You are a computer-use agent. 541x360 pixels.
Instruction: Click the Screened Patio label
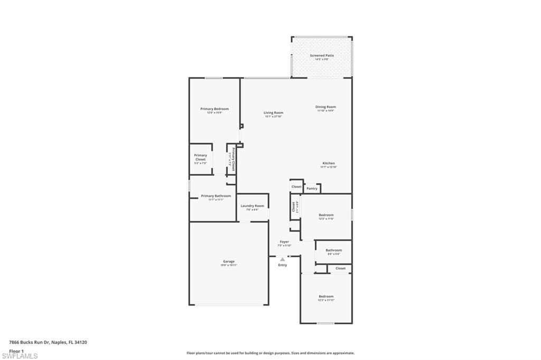[x=322, y=55]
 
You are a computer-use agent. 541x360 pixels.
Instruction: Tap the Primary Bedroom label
[x=214, y=109]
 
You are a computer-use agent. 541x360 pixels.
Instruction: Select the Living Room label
[x=274, y=112]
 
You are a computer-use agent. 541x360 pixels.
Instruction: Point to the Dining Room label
[x=326, y=107]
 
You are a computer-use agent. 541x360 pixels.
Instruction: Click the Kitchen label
[x=329, y=163]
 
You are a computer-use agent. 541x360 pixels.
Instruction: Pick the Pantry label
[x=312, y=188]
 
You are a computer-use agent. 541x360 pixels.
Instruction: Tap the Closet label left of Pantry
[x=296, y=186]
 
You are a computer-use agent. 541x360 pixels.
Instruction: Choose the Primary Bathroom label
[x=216, y=196]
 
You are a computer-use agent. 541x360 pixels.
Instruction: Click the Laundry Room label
[x=252, y=206]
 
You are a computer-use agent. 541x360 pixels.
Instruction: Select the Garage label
[x=229, y=261]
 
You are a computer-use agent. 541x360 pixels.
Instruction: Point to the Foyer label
[x=284, y=242]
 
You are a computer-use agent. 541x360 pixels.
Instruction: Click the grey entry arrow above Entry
[x=283, y=259]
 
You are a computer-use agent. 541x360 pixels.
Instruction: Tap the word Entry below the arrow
[x=283, y=265]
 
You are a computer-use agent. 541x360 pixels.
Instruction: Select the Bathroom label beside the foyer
[x=333, y=250]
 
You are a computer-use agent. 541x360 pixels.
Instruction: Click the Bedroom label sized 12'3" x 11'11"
[x=326, y=296]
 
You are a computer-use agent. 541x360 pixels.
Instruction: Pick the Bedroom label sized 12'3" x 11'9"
[x=326, y=215]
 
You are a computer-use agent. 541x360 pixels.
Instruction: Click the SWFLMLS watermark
[x=20, y=356]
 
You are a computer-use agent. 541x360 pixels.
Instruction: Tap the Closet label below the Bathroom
[x=340, y=268]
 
